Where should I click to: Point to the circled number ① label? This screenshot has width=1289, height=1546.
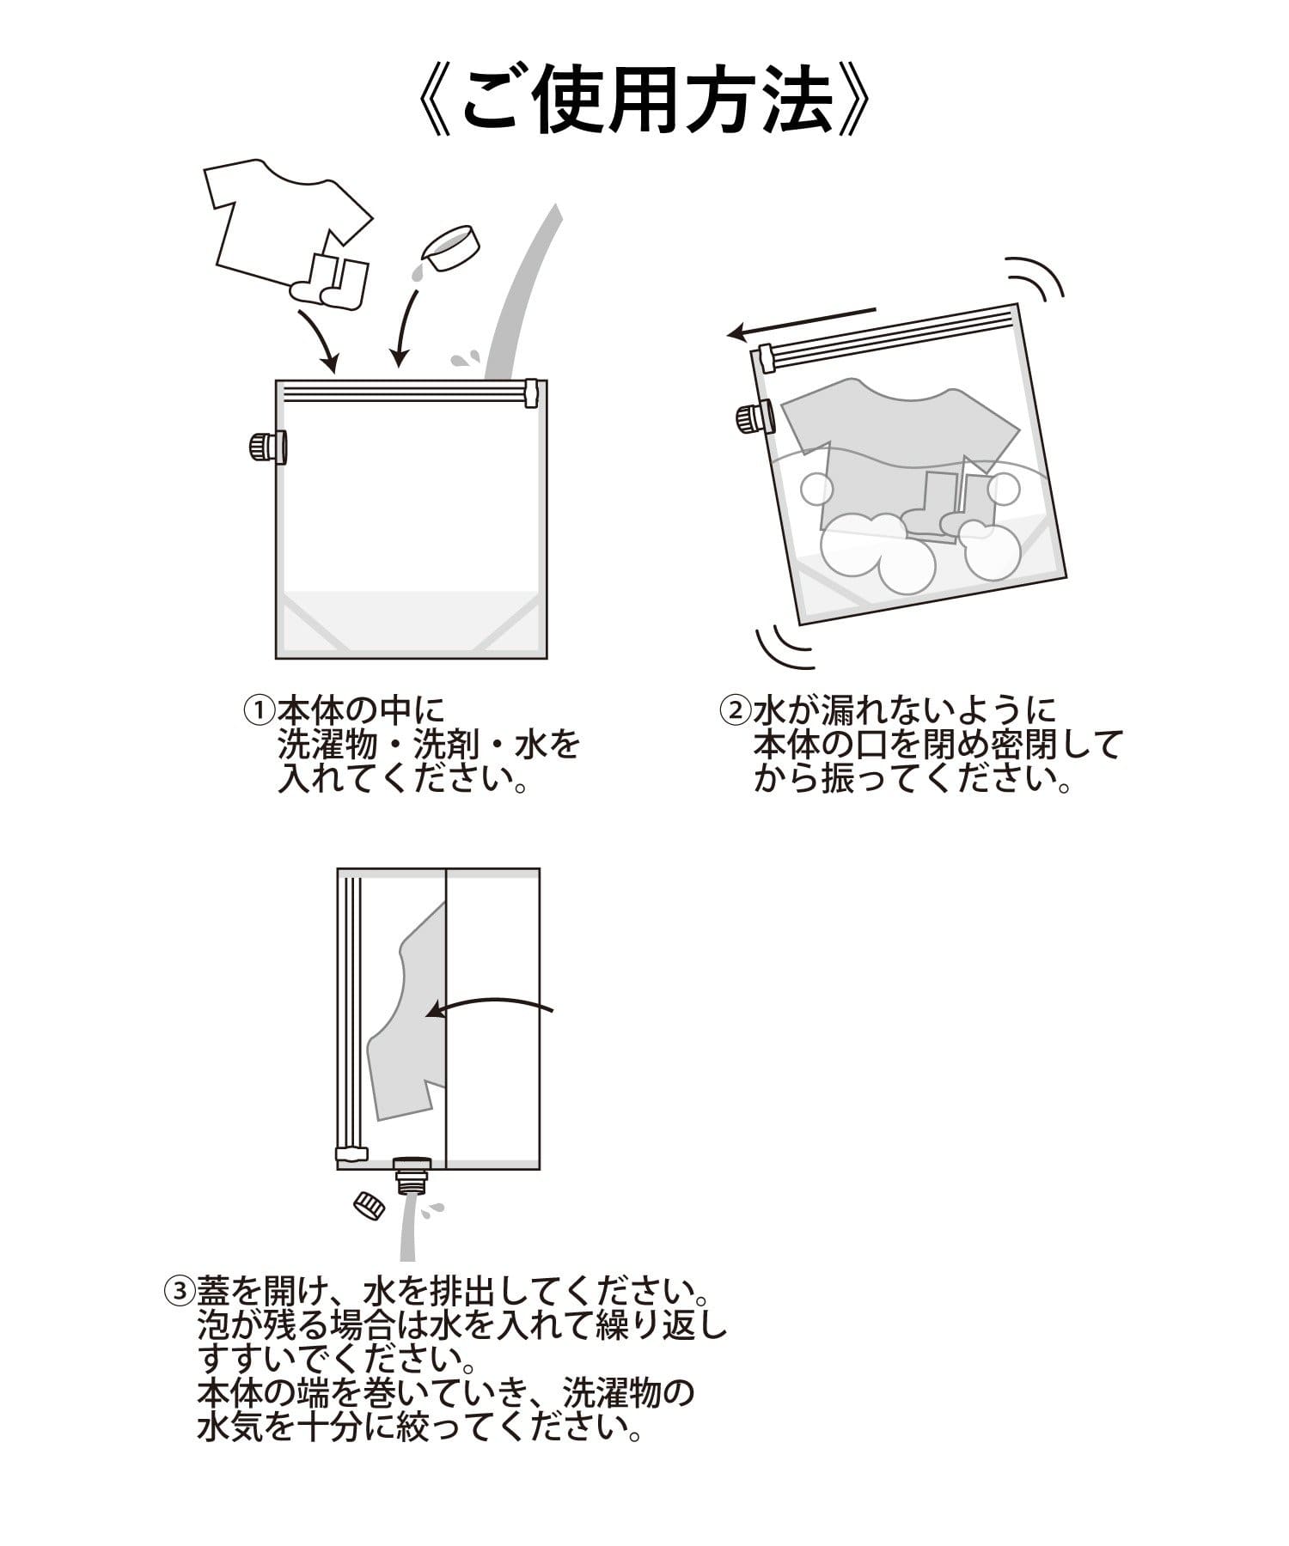[x=259, y=710]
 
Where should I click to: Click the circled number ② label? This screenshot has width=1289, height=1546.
[x=735, y=710]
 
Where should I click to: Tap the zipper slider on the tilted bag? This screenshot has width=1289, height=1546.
[x=764, y=358]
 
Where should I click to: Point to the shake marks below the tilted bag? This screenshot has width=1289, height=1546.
[x=782, y=646]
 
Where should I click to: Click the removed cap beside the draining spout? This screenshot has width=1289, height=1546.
[x=370, y=1204]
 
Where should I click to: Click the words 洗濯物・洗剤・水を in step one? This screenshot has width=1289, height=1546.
[x=428, y=744]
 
